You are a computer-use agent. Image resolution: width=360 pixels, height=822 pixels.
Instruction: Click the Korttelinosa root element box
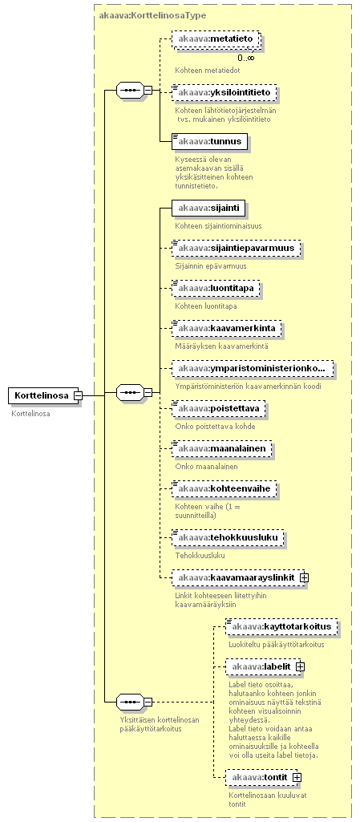point(43,395)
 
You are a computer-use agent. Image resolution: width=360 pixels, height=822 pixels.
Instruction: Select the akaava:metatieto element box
point(216,39)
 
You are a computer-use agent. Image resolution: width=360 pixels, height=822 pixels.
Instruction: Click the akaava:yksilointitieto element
point(224,93)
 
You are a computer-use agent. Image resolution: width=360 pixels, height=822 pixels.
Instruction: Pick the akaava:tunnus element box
point(209,141)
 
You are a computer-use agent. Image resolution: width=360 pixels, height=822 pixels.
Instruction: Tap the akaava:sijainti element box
point(208,209)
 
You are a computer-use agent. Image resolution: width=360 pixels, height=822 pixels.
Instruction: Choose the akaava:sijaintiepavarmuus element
point(237,248)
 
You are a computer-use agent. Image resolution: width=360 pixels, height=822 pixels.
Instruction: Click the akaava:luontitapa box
point(216,289)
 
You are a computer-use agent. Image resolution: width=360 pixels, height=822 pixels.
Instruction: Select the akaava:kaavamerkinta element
point(227,329)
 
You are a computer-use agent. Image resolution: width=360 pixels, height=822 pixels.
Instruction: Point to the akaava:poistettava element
point(219,408)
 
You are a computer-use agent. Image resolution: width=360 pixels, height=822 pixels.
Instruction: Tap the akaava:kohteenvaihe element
point(224,489)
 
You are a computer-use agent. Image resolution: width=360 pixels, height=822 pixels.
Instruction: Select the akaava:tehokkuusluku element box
point(228,537)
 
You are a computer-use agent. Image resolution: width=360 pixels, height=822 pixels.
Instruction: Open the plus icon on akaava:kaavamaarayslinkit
point(304,577)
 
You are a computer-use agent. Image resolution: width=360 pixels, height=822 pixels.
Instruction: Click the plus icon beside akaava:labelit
point(300,666)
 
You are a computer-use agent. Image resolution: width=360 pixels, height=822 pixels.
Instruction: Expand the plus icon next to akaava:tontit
point(297,777)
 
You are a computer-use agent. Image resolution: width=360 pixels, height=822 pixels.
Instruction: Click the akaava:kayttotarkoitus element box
point(281,626)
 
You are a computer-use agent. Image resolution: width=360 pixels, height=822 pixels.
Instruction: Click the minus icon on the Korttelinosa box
point(78,395)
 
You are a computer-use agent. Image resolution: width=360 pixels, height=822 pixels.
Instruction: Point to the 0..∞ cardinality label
point(246,58)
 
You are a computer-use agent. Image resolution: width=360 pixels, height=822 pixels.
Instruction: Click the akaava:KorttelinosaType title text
point(152,16)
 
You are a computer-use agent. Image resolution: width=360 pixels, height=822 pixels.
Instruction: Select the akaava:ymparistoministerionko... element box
point(253,369)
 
